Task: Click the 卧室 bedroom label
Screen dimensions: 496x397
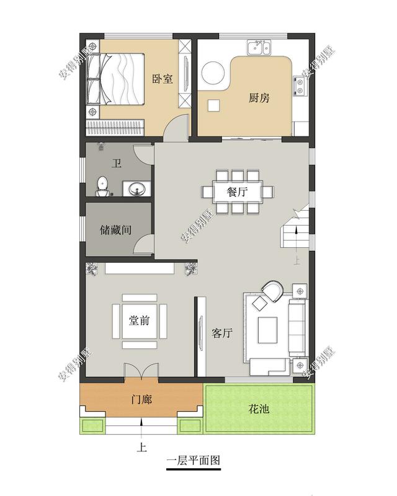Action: pos(163,79)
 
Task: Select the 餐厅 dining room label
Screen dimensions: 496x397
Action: pos(238,192)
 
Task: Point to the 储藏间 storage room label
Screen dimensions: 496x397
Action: pos(115,230)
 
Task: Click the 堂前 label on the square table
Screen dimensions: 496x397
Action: pos(139,321)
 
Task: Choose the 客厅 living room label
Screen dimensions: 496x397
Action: pos(221,333)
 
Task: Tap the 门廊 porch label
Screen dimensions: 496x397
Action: pos(141,399)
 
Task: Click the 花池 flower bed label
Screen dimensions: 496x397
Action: pos(259,410)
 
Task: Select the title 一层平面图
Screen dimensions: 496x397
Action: pos(194,461)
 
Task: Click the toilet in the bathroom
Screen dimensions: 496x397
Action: pos(104,185)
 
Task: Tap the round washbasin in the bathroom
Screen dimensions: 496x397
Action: pos(135,188)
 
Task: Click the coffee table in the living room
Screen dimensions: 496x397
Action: pos(268,329)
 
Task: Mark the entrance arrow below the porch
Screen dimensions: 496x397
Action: pos(142,427)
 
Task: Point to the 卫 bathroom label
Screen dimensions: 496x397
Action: pos(115,164)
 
